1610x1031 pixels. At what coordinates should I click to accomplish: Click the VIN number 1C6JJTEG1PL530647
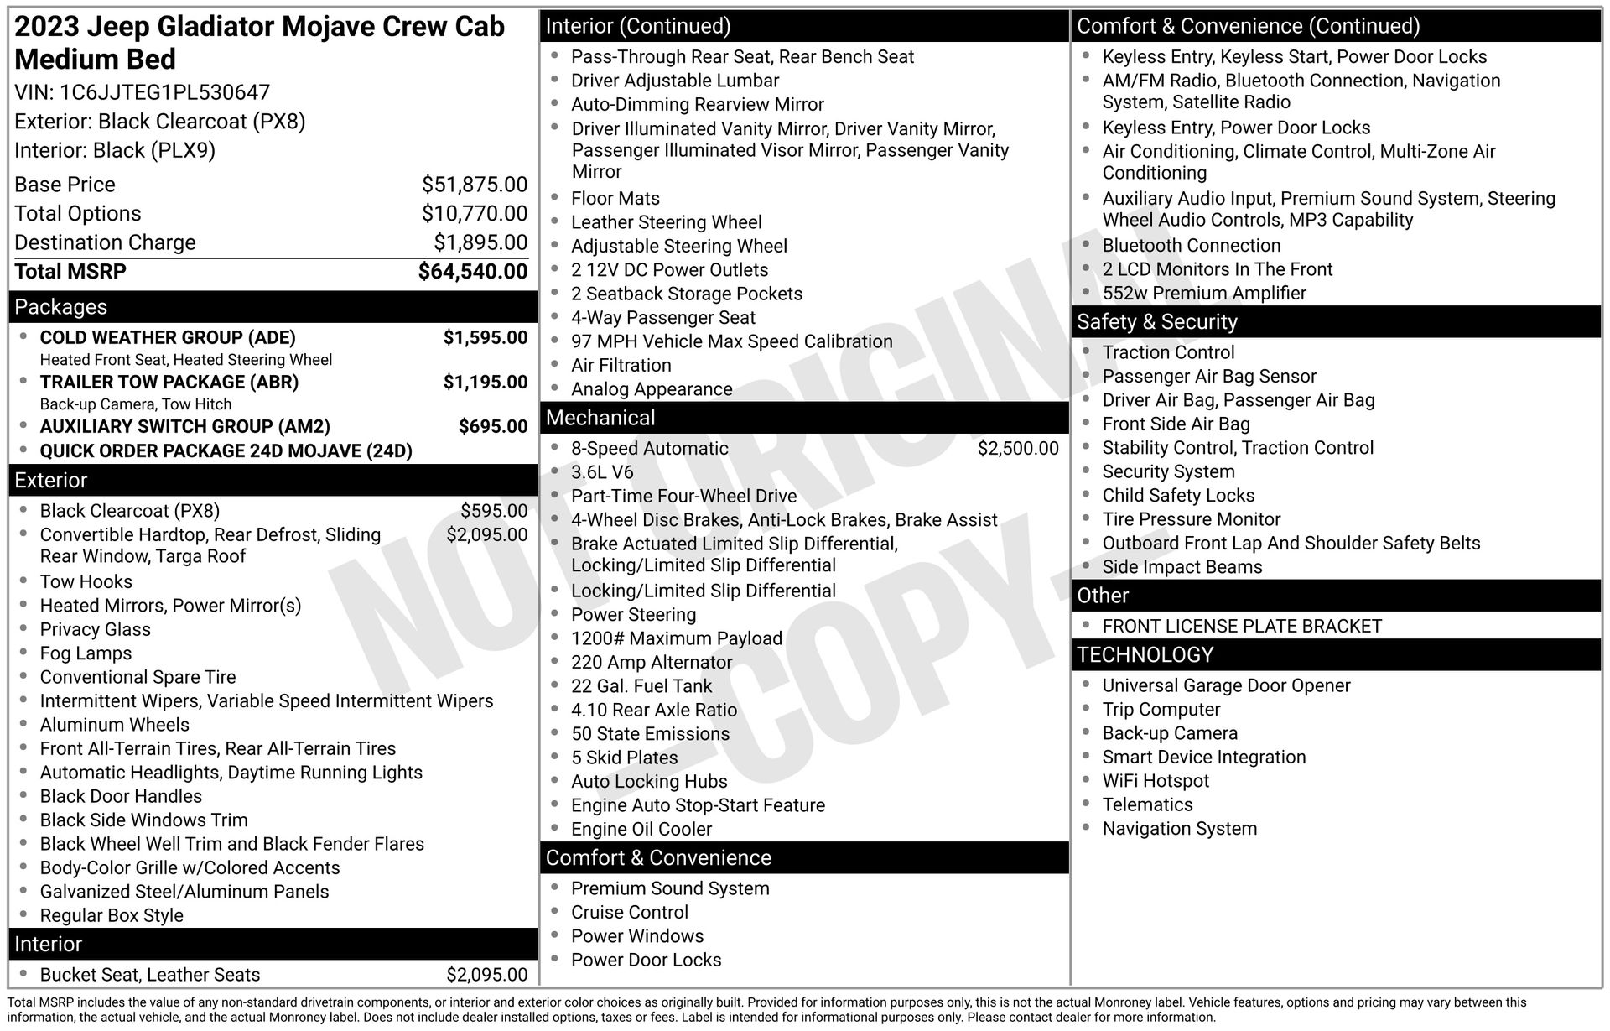(164, 92)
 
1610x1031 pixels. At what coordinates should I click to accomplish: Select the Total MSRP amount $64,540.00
(473, 272)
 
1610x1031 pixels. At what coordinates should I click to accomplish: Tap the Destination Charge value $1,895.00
(480, 242)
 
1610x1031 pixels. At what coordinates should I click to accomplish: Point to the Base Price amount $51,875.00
(475, 185)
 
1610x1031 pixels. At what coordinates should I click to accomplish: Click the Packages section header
(61, 307)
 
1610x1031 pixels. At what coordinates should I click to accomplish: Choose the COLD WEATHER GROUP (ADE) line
(168, 338)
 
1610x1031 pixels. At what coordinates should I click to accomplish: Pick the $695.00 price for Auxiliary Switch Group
(493, 426)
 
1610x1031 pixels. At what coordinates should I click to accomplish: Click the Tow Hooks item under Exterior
(86, 581)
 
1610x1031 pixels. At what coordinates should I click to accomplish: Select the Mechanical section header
(600, 418)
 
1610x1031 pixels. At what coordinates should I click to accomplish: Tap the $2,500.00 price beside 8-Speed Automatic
(1018, 449)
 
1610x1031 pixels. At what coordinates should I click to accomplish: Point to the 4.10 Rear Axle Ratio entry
(654, 710)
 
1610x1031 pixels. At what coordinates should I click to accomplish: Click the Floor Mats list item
(615, 199)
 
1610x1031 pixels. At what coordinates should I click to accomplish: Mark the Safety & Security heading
(1157, 322)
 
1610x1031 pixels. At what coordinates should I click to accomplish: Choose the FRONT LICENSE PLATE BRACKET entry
(1242, 627)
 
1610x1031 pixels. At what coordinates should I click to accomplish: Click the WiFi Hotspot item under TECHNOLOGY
(1156, 781)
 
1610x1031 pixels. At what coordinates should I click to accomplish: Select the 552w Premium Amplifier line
(1204, 294)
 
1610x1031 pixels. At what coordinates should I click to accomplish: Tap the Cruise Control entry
(630, 913)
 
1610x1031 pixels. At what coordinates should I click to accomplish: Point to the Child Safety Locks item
(1178, 496)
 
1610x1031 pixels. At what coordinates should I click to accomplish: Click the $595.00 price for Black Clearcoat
(494, 511)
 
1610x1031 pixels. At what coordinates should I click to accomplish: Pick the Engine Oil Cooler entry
(641, 830)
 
